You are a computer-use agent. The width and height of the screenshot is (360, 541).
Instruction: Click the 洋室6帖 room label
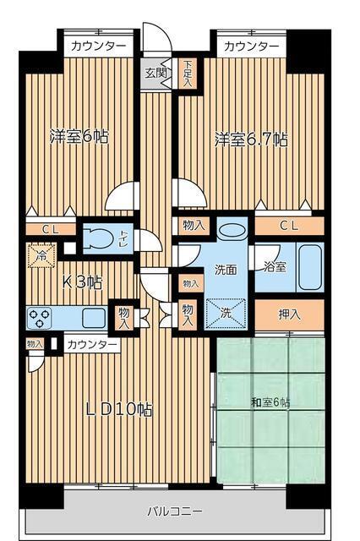click(79, 136)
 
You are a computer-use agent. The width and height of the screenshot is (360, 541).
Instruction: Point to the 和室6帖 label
click(270, 402)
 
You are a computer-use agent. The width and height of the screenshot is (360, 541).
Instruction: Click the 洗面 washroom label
click(225, 270)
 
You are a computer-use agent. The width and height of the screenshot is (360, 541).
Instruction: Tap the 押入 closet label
click(290, 314)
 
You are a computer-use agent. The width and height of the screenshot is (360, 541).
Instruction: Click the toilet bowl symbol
click(101, 239)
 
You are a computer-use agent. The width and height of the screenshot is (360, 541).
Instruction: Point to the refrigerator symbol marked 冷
click(40, 254)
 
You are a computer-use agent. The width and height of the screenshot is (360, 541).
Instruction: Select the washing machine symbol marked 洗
click(226, 312)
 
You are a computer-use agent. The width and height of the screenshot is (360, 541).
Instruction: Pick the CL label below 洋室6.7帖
click(289, 225)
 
